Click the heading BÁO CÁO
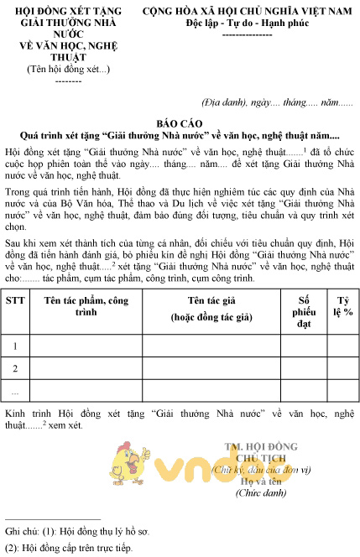click(x=180, y=122)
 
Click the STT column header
click(x=14, y=299)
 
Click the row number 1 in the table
click(x=14, y=345)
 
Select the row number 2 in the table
click(x=14, y=367)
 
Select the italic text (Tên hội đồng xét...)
click(x=56, y=69)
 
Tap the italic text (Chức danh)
click(x=262, y=495)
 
